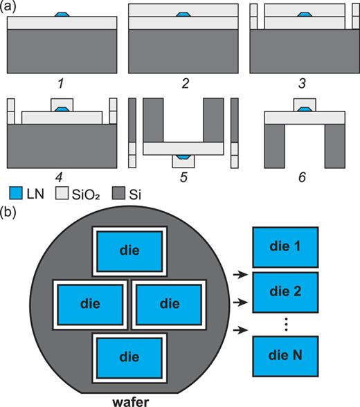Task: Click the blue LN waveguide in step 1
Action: [62, 14]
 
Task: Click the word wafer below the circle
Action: [129, 400]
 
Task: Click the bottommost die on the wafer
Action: [129, 356]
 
